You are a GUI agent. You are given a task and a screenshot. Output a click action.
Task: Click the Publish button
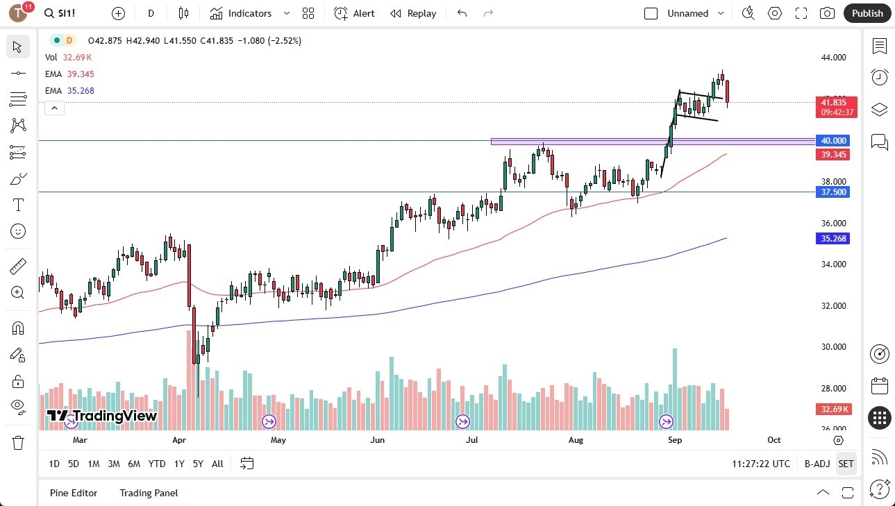(867, 13)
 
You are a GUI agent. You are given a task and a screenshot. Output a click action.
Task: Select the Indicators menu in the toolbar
(241, 13)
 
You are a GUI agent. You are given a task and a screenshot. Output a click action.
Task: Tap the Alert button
(354, 13)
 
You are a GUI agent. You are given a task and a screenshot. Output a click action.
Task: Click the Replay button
(413, 13)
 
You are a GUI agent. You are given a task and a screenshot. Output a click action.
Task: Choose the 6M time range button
(134, 464)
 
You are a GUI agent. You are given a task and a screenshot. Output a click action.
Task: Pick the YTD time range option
(157, 464)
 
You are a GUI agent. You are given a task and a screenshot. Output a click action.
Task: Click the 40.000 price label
(833, 140)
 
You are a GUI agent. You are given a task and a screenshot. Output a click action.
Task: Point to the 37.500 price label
(833, 192)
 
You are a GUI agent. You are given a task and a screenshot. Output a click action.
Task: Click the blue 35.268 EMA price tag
(833, 239)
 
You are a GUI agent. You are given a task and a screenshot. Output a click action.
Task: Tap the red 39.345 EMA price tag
(833, 154)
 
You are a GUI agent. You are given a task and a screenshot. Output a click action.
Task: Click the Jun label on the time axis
(377, 440)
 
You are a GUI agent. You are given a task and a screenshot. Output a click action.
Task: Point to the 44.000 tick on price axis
(833, 58)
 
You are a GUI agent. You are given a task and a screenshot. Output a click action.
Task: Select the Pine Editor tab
(74, 493)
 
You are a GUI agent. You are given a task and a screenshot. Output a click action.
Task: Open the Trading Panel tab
(149, 493)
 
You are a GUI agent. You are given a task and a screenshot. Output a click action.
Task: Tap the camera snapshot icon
(827, 13)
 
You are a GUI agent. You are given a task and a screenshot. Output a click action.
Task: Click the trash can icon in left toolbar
(18, 442)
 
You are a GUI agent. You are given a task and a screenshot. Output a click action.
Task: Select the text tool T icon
(18, 205)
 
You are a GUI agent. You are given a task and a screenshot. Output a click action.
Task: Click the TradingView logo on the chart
(101, 416)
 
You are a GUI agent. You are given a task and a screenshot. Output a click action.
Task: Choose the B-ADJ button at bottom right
(817, 464)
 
